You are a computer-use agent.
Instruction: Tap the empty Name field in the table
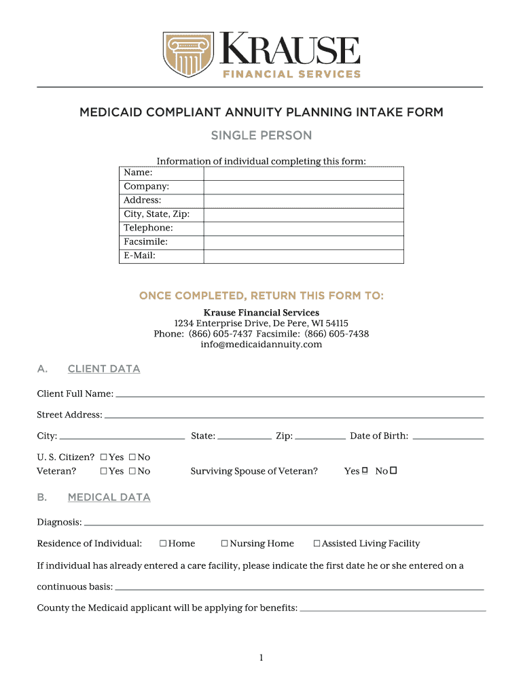pos(303,173)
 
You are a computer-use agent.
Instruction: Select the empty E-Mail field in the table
pos(303,256)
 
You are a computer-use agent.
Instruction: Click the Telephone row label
pos(148,228)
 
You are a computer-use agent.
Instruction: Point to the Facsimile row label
pos(145,242)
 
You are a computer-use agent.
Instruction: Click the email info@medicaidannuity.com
pos(261,345)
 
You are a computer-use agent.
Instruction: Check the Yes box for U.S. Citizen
pos(104,457)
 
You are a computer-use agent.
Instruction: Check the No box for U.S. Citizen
pos(132,457)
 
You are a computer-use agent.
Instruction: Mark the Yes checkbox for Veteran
pos(104,471)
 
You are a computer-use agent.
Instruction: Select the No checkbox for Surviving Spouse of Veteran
pos(393,470)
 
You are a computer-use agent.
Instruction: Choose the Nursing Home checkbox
pos(225,544)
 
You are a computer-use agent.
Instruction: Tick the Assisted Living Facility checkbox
pos(317,544)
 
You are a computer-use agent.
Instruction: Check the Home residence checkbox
pos(163,544)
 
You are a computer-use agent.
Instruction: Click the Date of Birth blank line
pos(448,438)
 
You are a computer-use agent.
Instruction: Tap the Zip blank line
pos(321,438)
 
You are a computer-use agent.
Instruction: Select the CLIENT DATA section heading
pos(104,369)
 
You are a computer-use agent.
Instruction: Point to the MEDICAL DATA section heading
pos(109,498)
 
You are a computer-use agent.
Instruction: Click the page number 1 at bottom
pos(261,657)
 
